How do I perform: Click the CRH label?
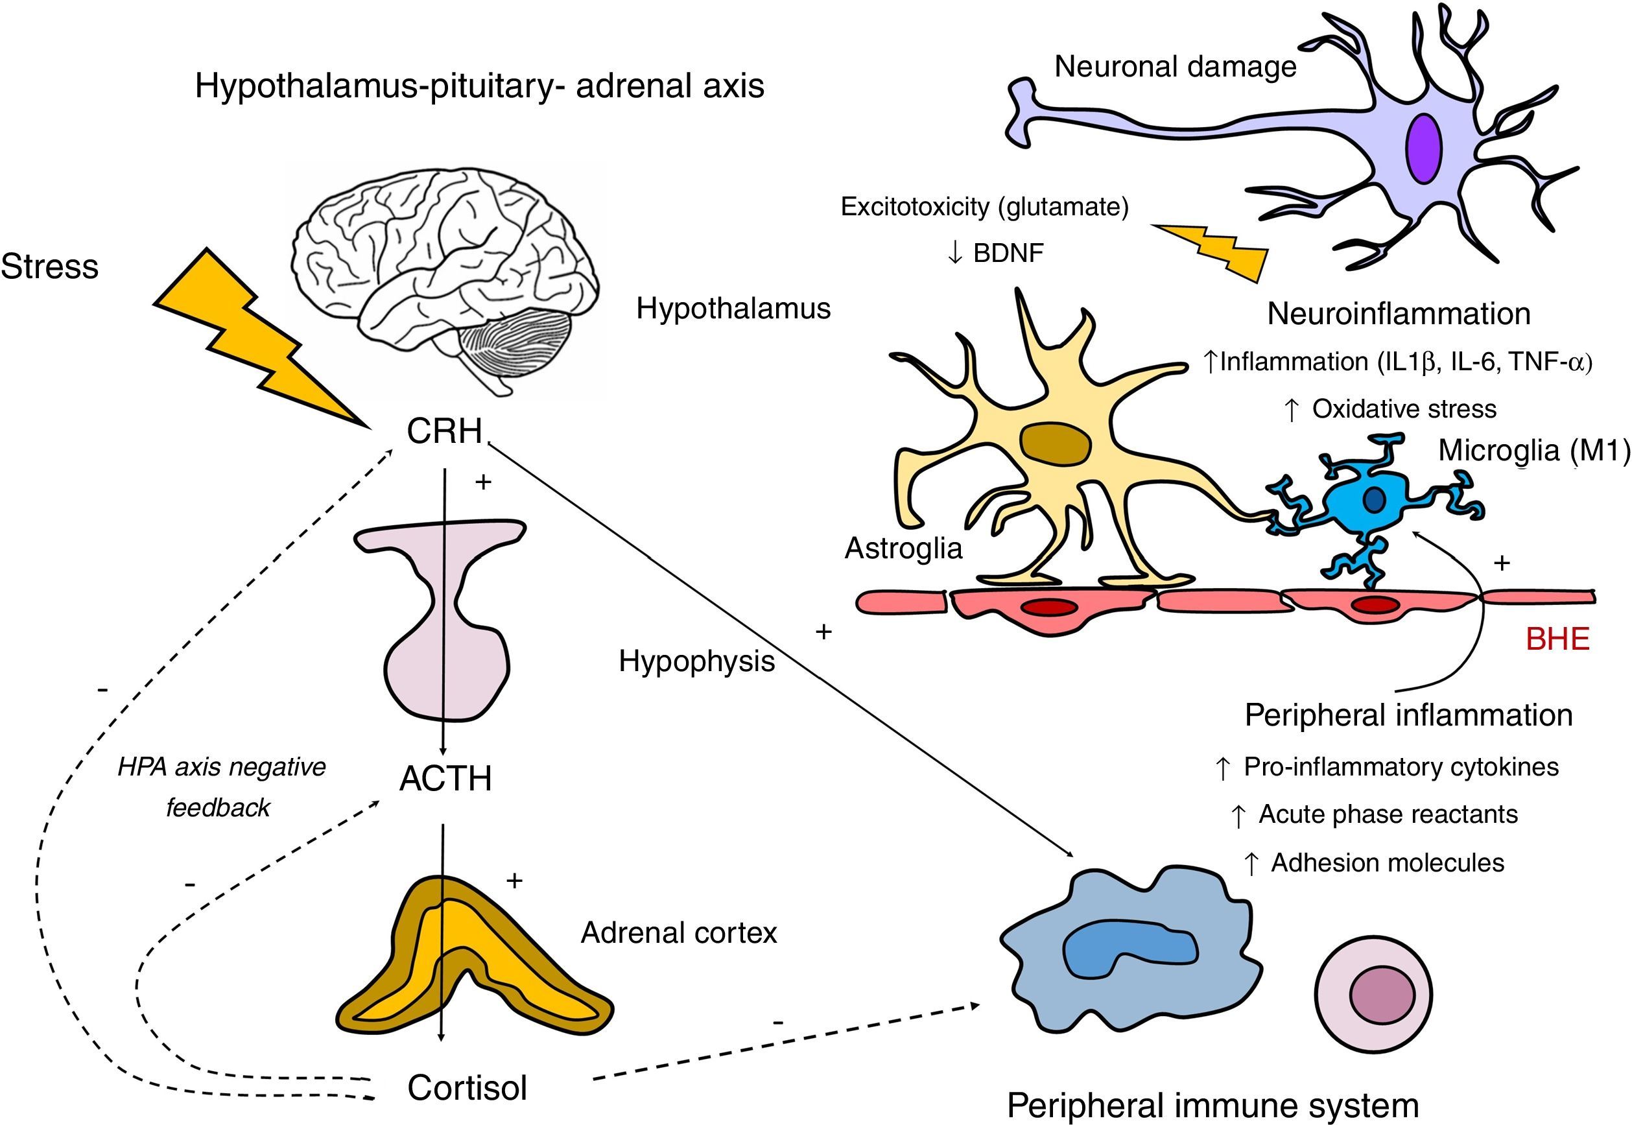click(444, 431)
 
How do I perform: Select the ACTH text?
click(445, 779)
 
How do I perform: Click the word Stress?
click(49, 266)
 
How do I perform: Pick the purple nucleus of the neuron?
click(1423, 148)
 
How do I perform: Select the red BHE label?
click(1557, 639)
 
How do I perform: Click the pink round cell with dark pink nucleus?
click(1373, 995)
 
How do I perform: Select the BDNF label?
click(1008, 253)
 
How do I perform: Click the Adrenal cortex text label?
click(679, 932)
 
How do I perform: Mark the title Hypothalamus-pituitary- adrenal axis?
click(479, 86)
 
